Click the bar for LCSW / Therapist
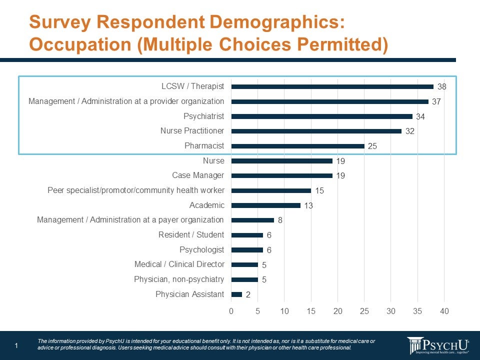tap(332, 86)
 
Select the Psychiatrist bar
tap(321, 116)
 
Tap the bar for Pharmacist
tap(297, 146)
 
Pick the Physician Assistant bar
tap(236, 294)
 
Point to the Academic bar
tap(265, 205)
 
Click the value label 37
tap(436, 101)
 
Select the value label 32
tap(410, 131)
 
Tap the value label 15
tap(319, 190)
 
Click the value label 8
tap(280, 220)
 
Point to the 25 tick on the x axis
tap(364, 311)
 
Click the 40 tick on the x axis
tap(444, 311)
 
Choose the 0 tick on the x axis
tap(231, 311)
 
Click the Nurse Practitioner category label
tap(192, 131)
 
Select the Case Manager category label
tap(198, 175)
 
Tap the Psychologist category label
tap(201, 249)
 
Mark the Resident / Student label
tap(191, 235)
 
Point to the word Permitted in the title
tap(339, 44)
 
